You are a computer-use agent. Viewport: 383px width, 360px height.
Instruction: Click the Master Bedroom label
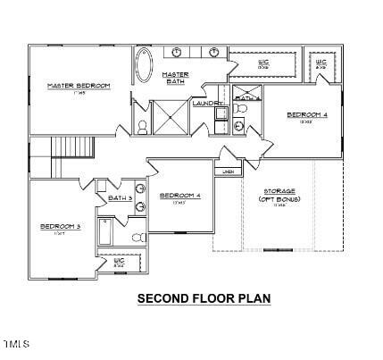coord(79,86)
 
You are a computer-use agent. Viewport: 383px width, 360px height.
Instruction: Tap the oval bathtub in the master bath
coord(144,65)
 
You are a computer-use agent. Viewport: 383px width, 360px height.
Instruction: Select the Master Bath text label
coord(176,79)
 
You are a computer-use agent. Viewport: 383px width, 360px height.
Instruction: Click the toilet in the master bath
coord(142,126)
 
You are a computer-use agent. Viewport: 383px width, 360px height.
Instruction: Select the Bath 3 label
coord(120,197)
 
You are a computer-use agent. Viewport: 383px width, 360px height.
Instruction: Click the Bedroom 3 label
coord(60,227)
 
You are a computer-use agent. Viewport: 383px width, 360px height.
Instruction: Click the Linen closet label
coord(229,171)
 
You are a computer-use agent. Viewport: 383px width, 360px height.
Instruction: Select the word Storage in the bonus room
coord(278,190)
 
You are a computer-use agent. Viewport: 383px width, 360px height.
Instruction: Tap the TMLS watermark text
coord(16,344)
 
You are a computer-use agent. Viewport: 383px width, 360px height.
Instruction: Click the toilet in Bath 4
coord(241,110)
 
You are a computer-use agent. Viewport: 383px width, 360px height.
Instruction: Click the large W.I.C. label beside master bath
coord(263,63)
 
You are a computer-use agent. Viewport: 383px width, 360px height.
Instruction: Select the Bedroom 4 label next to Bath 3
coord(179,196)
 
